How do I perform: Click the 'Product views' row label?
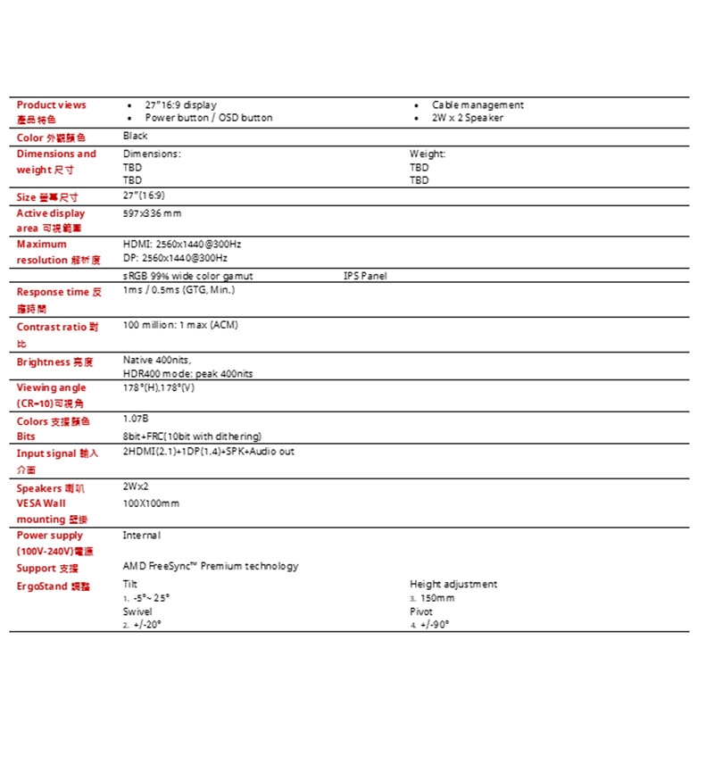[x=51, y=105]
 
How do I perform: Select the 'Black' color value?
[x=135, y=137]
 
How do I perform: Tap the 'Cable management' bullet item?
[x=477, y=105]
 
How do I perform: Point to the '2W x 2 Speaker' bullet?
[x=468, y=118]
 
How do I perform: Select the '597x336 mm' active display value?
[x=152, y=213]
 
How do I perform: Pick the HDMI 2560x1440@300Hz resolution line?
[x=182, y=244]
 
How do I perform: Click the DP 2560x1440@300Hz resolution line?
[x=175, y=258]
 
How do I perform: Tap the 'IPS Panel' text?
[x=365, y=277]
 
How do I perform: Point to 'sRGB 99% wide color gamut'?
[x=187, y=277]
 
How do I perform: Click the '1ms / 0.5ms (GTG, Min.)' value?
[x=178, y=291]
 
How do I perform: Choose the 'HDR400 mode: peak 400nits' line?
[x=187, y=374]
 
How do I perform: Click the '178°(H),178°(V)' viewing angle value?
[x=158, y=388]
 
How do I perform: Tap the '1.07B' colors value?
[x=136, y=419]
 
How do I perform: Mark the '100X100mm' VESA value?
[x=151, y=503]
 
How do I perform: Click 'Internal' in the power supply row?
[x=141, y=536]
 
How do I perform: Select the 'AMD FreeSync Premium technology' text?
[x=211, y=567]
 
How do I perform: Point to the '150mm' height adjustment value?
[x=436, y=598]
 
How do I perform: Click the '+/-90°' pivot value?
[x=434, y=626]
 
